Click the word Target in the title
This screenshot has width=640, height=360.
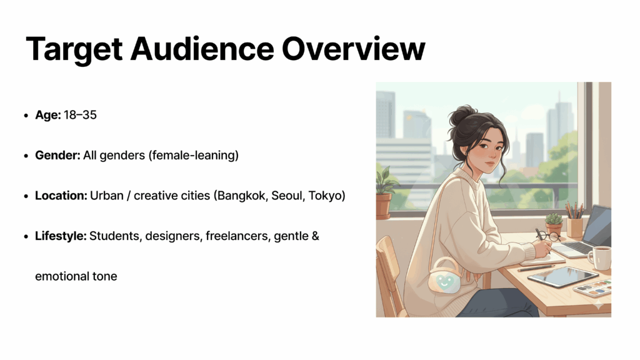click(x=74, y=49)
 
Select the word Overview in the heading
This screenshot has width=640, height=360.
click(x=354, y=49)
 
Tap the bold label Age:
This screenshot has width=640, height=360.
click(x=47, y=115)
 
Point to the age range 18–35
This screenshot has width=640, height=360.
click(x=80, y=115)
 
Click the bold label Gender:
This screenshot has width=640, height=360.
click(x=57, y=155)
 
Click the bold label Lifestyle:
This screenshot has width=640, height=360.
click(x=61, y=236)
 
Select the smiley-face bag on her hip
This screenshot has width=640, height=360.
click(x=444, y=278)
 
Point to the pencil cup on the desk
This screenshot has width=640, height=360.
click(x=574, y=227)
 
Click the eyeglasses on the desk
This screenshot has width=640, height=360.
click(x=547, y=236)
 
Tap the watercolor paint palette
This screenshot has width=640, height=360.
click(x=594, y=287)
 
